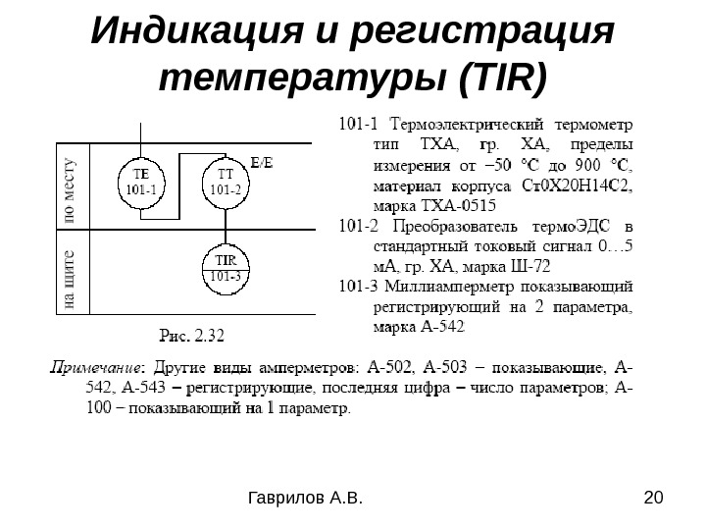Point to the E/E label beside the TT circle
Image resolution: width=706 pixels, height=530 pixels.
tap(262, 162)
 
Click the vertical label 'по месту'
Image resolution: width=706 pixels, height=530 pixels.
tap(70, 187)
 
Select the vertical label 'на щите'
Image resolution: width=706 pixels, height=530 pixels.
tap(70, 278)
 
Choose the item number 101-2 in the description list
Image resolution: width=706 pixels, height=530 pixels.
tap(357, 225)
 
